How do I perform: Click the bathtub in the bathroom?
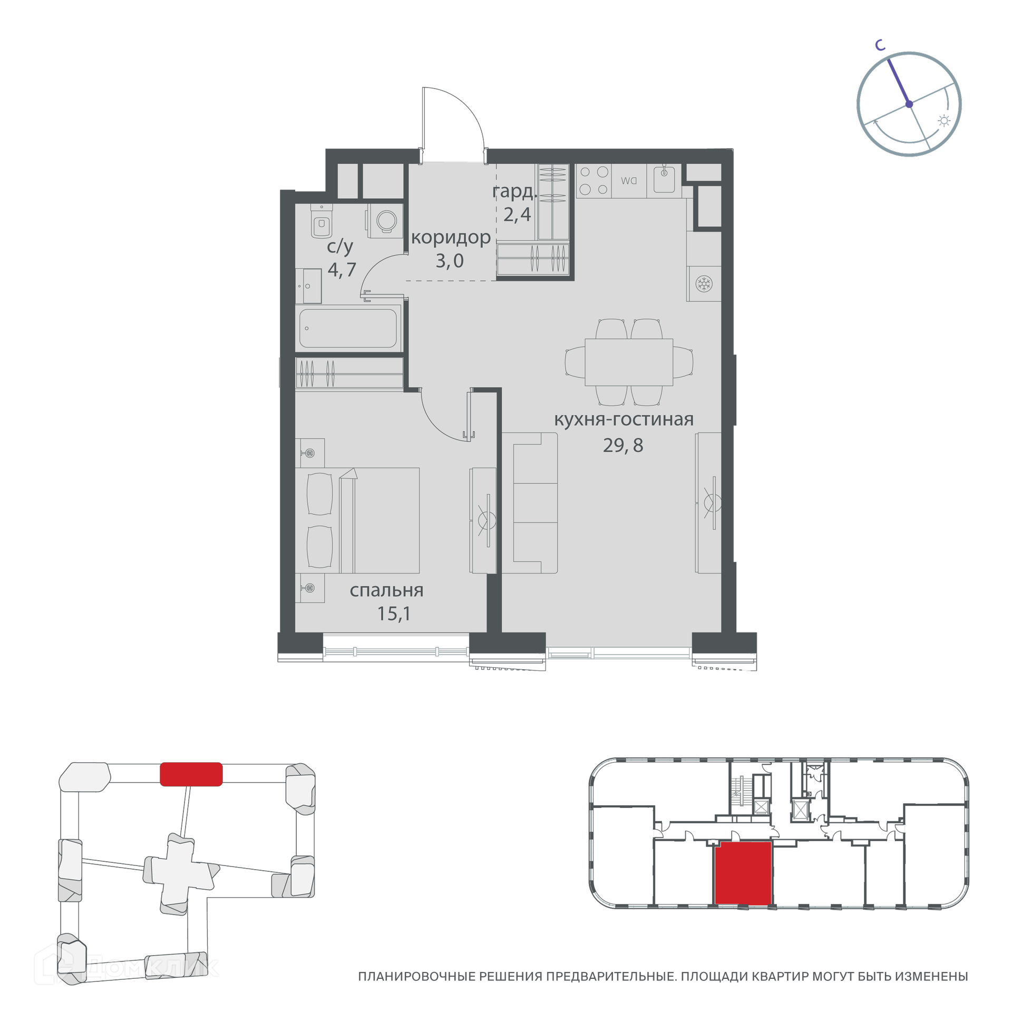(348, 328)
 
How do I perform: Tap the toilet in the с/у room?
(322, 221)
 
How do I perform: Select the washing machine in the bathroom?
(386, 221)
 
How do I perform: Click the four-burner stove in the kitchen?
(593, 181)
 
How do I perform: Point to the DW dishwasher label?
(629, 181)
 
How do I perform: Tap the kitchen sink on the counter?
(664, 179)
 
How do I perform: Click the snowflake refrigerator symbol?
(704, 284)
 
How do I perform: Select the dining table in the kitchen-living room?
(629, 362)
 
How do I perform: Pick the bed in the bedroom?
(365, 520)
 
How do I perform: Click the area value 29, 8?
(623, 445)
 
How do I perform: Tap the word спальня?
(386, 590)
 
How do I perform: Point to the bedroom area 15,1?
(394, 614)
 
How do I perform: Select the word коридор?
(451, 238)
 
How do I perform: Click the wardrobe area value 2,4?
(517, 215)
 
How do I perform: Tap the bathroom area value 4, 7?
(342, 269)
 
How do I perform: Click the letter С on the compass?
(880, 45)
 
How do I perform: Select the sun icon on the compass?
(944, 121)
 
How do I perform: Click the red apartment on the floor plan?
(743, 874)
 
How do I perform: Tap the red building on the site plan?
(191, 774)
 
